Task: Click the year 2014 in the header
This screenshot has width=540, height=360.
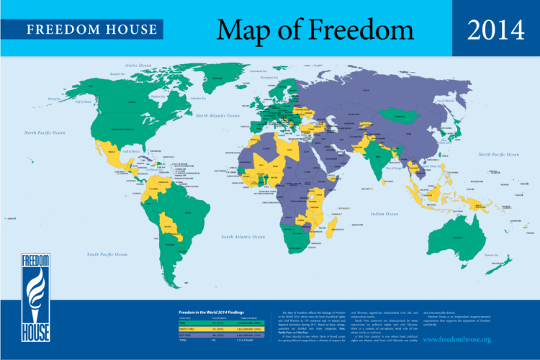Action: coord(495,30)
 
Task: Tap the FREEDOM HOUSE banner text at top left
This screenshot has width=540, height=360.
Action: coord(91,30)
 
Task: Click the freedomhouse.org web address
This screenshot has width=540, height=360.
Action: coord(458,338)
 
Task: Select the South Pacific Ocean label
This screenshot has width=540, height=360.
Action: coord(107,255)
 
